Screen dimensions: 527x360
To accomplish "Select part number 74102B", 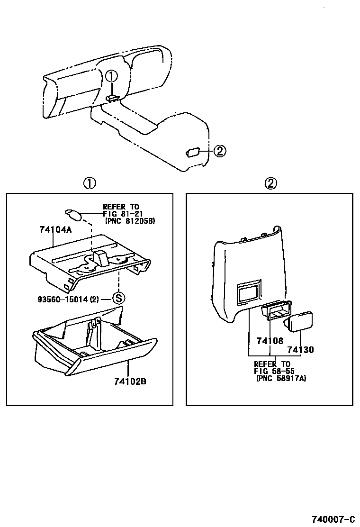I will [130, 381].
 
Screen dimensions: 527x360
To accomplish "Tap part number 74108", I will [270, 340].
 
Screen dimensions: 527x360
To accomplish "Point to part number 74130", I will [300, 350].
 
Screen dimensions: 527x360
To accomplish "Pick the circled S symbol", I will [118, 298].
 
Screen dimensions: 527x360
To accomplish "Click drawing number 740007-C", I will [333, 518].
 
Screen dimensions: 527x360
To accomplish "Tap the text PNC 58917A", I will [281, 379].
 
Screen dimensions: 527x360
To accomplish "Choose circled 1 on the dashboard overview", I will [110, 76].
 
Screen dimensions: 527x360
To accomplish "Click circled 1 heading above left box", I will [90, 183].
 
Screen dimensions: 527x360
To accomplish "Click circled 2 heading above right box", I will [270, 183].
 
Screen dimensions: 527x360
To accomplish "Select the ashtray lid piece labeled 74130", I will [299, 321].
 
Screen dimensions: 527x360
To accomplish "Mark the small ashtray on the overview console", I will [193, 152].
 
